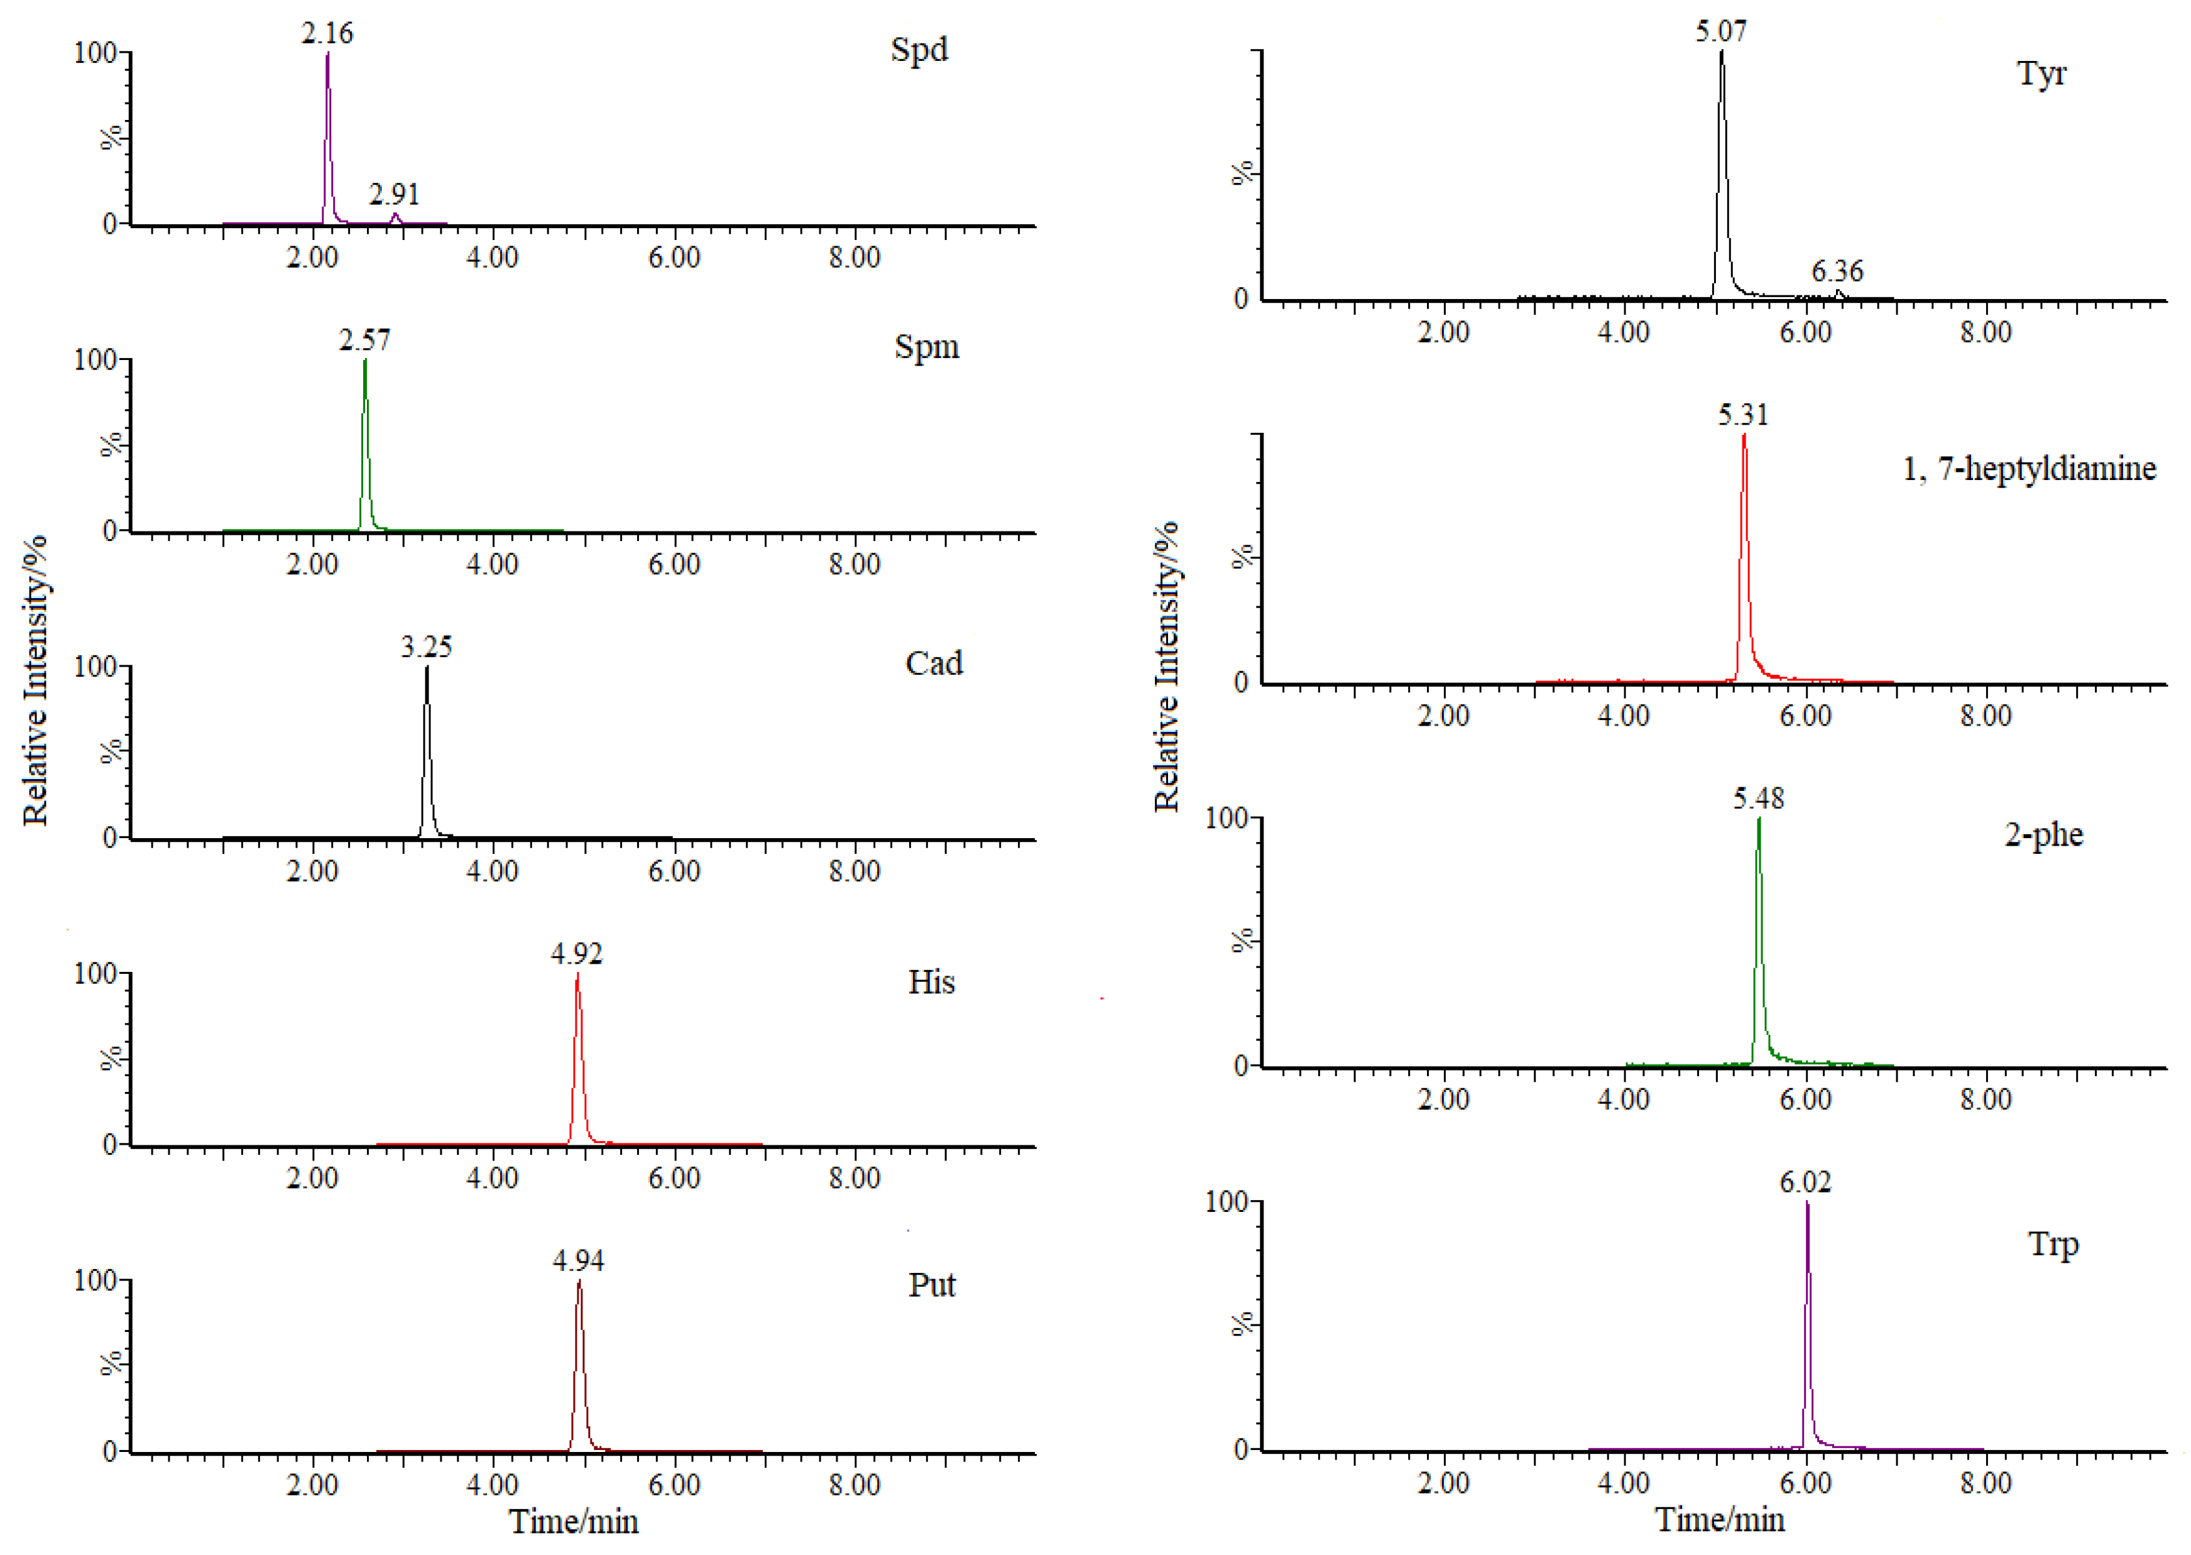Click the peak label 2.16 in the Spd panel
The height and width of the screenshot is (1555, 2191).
click(x=327, y=33)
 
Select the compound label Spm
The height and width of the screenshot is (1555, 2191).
click(x=926, y=347)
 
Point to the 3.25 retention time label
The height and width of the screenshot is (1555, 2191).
click(x=426, y=647)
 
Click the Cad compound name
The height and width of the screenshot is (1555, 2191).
click(x=934, y=663)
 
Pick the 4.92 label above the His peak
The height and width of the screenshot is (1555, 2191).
click(x=576, y=954)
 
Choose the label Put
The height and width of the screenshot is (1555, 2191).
click(x=932, y=1285)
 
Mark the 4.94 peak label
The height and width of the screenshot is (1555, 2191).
click(x=579, y=1261)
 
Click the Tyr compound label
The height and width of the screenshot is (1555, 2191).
click(x=2041, y=75)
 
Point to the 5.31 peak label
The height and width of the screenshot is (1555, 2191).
click(x=1743, y=415)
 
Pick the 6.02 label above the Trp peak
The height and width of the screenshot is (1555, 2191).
click(x=1805, y=1182)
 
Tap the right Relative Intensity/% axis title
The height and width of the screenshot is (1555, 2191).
click(x=1166, y=667)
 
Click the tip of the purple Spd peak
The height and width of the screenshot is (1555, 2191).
click(x=327, y=55)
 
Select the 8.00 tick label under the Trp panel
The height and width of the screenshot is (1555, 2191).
click(x=1985, y=1483)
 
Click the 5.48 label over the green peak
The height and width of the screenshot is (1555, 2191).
click(x=1758, y=799)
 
